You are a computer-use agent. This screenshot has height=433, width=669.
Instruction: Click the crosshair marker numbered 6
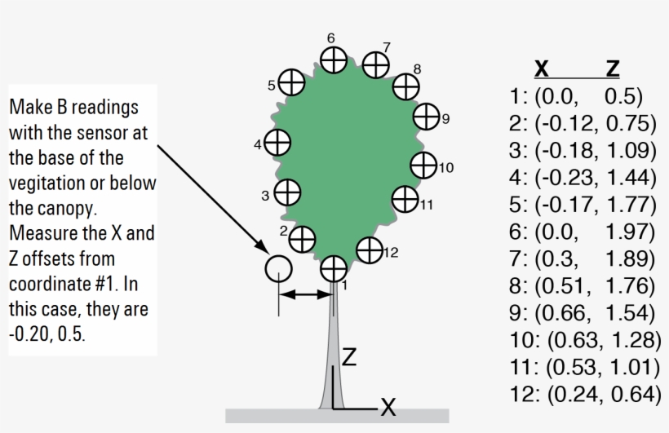(x=333, y=60)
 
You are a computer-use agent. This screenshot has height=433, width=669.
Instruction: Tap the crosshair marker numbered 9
(x=426, y=117)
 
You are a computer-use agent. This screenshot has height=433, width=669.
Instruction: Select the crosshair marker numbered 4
(x=278, y=143)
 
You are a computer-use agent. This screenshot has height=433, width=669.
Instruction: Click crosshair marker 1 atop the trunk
(x=333, y=268)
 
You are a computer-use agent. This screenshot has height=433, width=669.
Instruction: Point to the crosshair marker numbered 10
(x=423, y=165)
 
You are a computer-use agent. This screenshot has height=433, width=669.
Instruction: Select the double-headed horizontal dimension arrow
(x=305, y=294)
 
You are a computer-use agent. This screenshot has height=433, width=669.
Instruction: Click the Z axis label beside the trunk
(x=349, y=357)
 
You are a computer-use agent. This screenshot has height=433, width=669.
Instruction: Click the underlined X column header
(x=540, y=68)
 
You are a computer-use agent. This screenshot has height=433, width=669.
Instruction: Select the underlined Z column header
(x=613, y=68)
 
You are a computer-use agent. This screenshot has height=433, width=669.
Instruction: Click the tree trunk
(x=334, y=351)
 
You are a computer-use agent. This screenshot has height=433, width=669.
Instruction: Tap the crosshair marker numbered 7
(x=375, y=64)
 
